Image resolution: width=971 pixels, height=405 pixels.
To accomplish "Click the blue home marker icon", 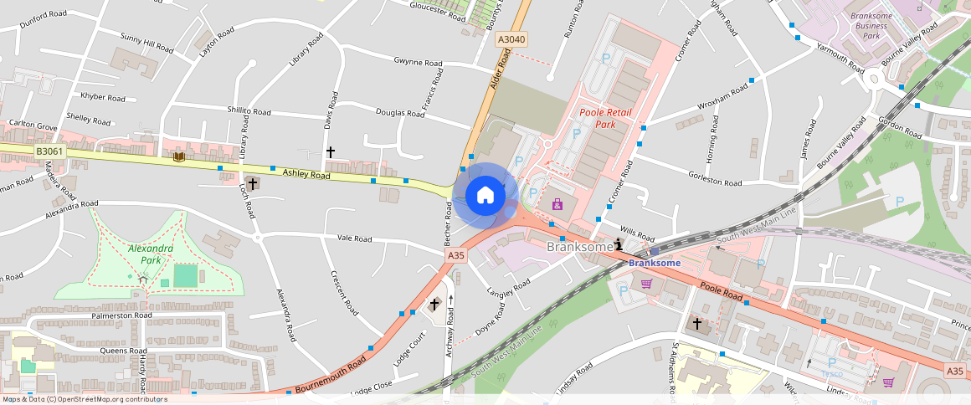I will (x=485, y=196).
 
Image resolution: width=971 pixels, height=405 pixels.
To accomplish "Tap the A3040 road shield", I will (x=511, y=39).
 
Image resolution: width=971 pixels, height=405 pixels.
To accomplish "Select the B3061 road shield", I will (x=49, y=151).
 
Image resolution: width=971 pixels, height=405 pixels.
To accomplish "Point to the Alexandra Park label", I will (x=151, y=254).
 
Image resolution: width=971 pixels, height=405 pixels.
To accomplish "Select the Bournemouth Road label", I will (x=331, y=374).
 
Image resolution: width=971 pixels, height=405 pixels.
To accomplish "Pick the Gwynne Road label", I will (x=418, y=62).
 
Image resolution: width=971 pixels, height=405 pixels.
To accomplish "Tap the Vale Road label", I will (x=354, y=238).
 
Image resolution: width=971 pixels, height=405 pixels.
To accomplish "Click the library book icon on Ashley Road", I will (x=178, y=156).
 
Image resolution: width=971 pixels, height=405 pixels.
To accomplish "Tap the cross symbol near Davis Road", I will (x=331, y=152).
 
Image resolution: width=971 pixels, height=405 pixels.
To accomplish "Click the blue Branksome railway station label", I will (x=655, y=263).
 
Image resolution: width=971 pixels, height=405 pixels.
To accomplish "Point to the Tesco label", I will (x=831, y=373).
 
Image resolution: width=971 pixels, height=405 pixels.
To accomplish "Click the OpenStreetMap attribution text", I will (x=84, y=399).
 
